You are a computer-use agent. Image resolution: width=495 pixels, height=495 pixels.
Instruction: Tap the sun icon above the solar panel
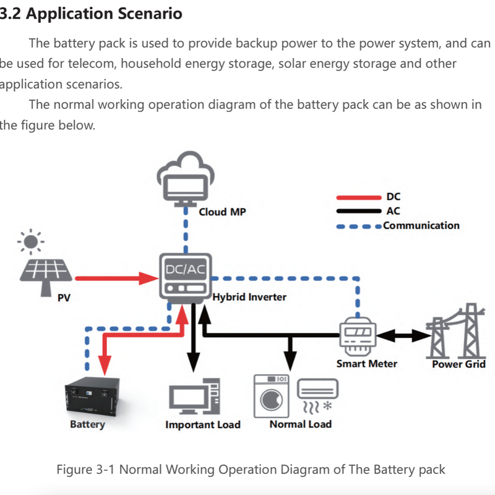tap(31, 241)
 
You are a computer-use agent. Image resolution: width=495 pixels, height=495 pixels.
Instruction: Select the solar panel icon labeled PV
tap(46, 273)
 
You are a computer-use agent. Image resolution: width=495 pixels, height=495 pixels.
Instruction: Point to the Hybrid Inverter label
tap(249, 297)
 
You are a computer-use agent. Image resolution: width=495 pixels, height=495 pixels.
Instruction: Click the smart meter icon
tap(358, 337)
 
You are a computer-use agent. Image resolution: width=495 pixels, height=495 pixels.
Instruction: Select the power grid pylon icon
tap(457, 331)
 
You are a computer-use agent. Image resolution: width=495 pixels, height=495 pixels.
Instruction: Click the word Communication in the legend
tap(421, 225)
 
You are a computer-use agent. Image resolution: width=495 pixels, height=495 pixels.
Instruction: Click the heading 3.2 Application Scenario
tap(93, 14)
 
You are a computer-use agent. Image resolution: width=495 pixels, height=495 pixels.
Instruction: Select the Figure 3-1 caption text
tap(251, 469)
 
